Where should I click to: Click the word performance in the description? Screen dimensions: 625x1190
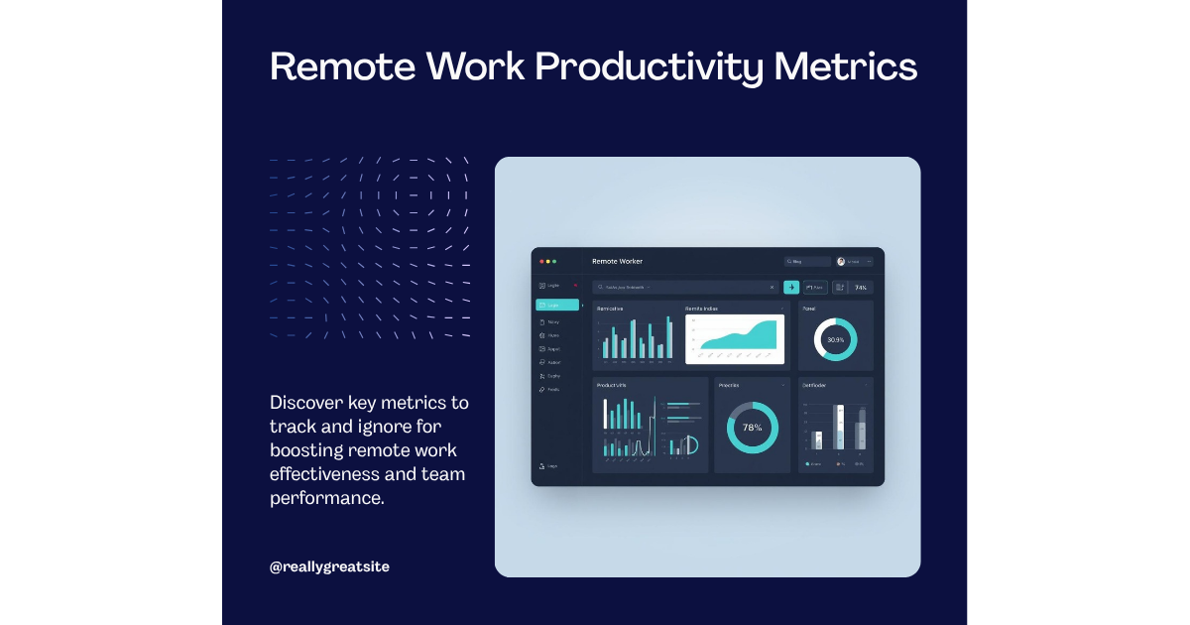point(325,498)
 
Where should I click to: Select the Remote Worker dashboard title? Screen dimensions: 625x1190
point(617,261)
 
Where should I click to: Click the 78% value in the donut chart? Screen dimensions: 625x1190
point(753,428)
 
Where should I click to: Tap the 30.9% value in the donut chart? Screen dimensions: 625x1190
point(836,340)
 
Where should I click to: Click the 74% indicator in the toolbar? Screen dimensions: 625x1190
point(861,288)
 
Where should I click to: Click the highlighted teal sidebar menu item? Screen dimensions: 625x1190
point(556,305)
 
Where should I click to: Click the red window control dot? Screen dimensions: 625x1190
point(541,261)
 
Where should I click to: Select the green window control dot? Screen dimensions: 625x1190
point(554,261)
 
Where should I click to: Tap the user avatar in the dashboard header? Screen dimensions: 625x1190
point(841,262)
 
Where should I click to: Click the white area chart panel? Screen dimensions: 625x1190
point(735,339)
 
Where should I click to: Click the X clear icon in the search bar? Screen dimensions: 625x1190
point(772,288)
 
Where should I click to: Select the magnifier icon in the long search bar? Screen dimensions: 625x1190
point(600,288)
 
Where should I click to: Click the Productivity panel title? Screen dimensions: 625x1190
point(612,385)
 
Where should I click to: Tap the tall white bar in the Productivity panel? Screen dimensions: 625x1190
point(606,414)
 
